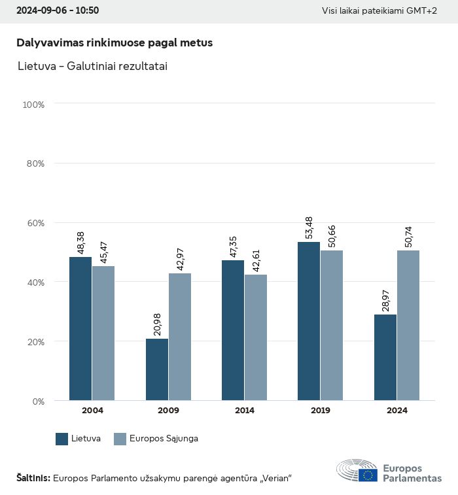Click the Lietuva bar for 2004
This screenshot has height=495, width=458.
click(80, 328)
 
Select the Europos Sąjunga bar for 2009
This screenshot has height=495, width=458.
click(180, 336)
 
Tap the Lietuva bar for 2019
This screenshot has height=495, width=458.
click(309, 321)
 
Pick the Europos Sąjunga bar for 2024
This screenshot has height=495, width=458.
click(408, 325)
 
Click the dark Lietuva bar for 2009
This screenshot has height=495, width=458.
click(157, 369)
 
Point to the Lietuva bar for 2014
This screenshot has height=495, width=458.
click(233, 330)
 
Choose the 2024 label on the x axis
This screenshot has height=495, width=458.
click(396, 411)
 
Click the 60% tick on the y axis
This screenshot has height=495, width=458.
click(35, 223)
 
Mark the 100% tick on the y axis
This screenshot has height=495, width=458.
click(33, 105)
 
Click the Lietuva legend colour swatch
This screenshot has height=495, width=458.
click(62, 439)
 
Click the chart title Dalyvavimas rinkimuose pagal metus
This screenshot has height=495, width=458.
click(114, 43)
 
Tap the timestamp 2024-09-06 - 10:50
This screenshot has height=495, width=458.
click(58, 11)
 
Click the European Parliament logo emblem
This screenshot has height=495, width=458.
click(357, 471)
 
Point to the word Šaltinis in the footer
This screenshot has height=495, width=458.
click(33, 478)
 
